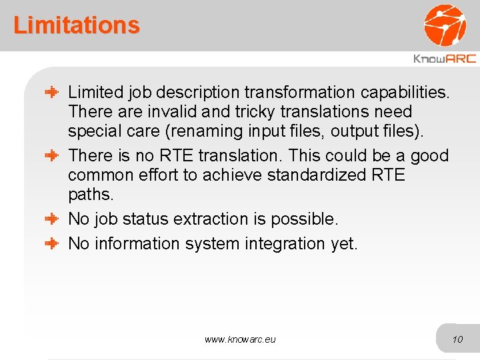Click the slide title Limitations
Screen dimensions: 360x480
coord(77,25)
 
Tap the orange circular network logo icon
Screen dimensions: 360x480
coord(445,25)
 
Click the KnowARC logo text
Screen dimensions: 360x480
coord(445,59)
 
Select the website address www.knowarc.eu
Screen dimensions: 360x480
coord(240,339)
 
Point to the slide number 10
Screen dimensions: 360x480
coord(457,339)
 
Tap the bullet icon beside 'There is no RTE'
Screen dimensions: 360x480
coord(53,156)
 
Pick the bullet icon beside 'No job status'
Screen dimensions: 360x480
coord(53,219)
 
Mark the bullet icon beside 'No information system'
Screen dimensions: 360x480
coord(53,243)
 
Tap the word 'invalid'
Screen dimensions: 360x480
coord(172,112)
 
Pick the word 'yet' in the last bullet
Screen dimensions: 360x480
coord(344,244)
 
